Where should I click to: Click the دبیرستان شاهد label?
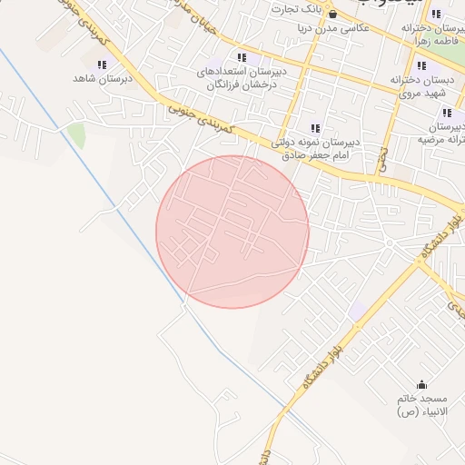click(103, 79)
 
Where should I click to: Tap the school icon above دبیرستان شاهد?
click(102, 64)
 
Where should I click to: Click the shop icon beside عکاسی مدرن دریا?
click(332, 15)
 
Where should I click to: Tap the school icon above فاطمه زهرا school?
click(437, 15)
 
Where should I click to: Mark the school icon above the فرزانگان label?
click(241, 57)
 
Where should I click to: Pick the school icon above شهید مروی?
click(420, 66)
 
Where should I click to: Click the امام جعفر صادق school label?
click(315, 149)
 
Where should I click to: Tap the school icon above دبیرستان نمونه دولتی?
click(315, 129)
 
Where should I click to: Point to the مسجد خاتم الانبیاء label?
click(421, 405)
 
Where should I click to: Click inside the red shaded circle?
click(232, 232)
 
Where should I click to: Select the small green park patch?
click(76, 136)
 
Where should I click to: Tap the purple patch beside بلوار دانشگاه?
click(359, 311)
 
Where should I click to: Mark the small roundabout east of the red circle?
click(389, 243)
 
